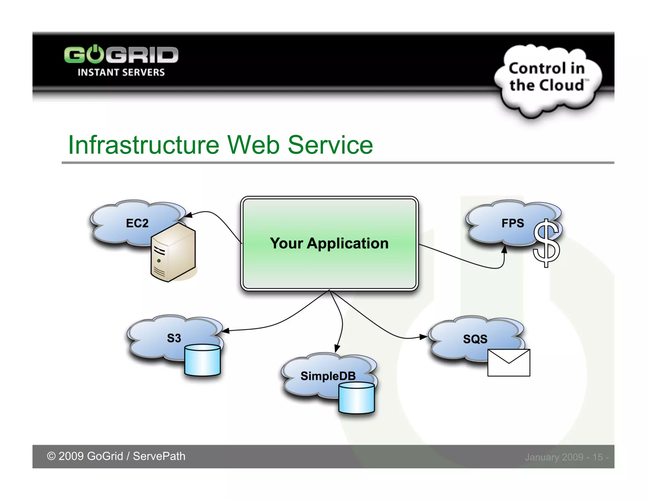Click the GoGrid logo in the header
click(121, 55)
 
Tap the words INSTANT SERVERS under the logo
click(121, 72)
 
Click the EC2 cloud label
click(137, 223)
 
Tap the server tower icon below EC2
click(173, 253)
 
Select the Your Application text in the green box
click(329, 243)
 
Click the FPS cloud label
click(512, 223)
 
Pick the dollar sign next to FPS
click(546, 243)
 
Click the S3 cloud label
click(174, 338)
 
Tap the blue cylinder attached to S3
click(202, 360)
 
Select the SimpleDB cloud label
click(328, 376)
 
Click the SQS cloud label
click(475, 339)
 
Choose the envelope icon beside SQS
click(509, 363)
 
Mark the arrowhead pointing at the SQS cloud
click(423, 337)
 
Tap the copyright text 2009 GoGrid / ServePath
click(116, 456)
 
